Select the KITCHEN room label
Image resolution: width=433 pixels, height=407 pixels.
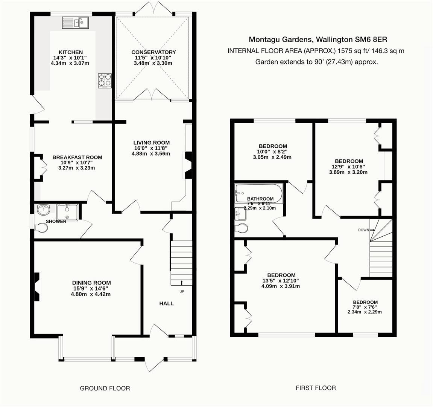[x=71, y=52]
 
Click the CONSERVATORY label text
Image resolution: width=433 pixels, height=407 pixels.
[x=153, y=52]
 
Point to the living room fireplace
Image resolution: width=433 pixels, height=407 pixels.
[x=187, y=165]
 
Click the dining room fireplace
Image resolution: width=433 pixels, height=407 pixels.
[x=36, y=283]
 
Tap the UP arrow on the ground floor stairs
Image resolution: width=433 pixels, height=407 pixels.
[x=182, y=283]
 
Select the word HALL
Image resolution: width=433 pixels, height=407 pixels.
[x=166, y=303]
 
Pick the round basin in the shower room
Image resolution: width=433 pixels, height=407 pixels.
[x=44, y=209]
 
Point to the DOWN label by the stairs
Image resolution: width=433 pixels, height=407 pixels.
[x=363, y=230]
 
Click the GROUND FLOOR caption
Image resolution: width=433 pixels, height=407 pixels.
[x=105, y=388]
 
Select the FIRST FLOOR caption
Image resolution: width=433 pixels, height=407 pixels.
[x=316, y=387]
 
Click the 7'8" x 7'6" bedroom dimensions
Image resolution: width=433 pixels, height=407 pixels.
[x=365, y=307]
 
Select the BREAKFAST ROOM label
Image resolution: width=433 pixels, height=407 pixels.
[x=77, y=158]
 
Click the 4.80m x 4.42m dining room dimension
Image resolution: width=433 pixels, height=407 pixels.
[x=91, y=294]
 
